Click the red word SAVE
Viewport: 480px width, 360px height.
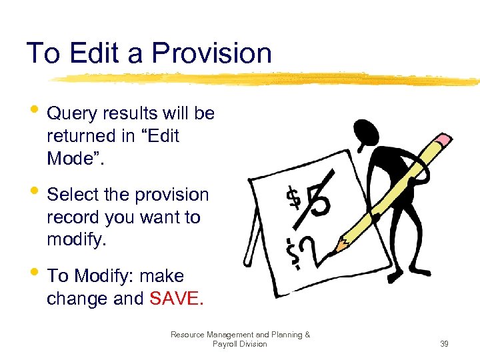(x=175, y=299)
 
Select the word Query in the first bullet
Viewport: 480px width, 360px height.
(x=73, y=114)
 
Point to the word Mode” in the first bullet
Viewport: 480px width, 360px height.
(x=73, y=159)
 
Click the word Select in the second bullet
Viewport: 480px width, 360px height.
(x=72, y=195)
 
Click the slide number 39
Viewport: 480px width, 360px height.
(x=444, y=344)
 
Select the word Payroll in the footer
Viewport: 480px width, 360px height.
(x=227, y=344)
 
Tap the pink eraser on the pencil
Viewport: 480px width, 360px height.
(x=441, y=143)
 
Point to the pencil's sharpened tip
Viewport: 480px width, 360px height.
(x=338, y=247)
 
